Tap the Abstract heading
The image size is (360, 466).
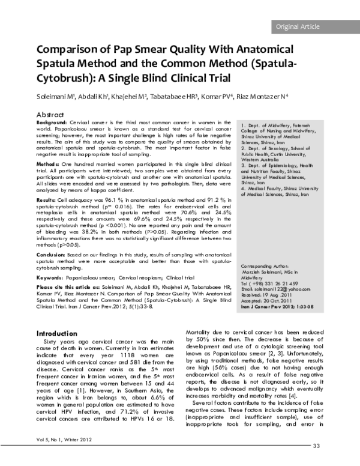(50, 114)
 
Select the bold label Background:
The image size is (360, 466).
(52, 122)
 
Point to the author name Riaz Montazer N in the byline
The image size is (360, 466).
(255, 96)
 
